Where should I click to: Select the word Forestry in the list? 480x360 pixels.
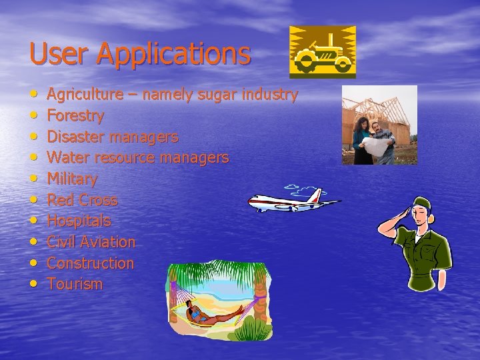[x=75, y=116]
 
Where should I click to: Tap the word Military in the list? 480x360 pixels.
[x=72, y=179]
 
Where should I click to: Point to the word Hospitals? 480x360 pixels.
[x=79, y=221]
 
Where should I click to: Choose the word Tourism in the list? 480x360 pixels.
[x=75, y=284]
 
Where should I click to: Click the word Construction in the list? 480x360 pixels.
[x=90, y=263]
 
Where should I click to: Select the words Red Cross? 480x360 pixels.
[x=82, y=200]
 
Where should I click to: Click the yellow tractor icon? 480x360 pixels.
[x=322, y=52]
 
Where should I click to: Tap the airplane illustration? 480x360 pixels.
[x=293, y=201]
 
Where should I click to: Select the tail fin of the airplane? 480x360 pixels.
[x=318, y=195]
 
